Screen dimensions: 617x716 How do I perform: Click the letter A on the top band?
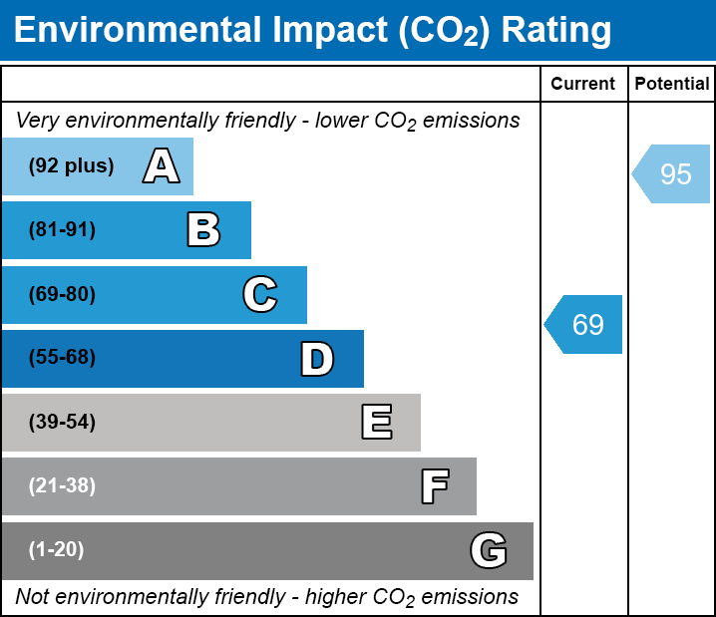pos(162,166)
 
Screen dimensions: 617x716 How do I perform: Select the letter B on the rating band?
pos(203,230)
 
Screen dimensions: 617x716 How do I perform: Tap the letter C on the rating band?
pos(259,295)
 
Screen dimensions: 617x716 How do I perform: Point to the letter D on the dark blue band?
pos(317,359)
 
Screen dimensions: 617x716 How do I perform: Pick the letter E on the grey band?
pos(376,423)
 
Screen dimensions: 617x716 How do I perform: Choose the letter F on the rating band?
pos(434,486)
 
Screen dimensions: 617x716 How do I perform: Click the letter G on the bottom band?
pos(489,550)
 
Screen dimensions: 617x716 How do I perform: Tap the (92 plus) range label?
pos(71,166)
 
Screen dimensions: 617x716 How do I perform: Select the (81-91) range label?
pos(62,230)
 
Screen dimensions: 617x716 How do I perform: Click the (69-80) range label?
pos(62,295)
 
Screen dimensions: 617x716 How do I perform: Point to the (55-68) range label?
pos(62,358)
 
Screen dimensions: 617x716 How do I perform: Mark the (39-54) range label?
pos(62,423)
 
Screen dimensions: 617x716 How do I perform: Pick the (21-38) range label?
pos(62,486)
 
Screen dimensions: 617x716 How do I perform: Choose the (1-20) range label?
pos(57,550)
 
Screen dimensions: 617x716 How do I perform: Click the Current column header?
pos(583,85)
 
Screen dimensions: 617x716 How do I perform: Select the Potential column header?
pos(672,85)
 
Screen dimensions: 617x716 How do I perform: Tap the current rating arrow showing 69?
pos(585,324)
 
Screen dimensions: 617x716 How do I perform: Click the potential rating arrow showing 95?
pos(673,174)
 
